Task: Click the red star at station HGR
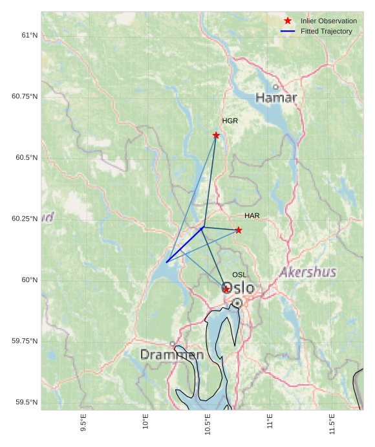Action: click(216, 135)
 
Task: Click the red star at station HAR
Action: click(239, 230)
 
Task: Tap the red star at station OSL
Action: click(226, 289)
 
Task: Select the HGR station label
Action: click(230, 121)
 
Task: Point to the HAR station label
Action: click(252, 215)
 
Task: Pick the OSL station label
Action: click(239, 275)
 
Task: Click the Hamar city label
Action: click(276, 98)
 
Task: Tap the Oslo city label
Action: click(239, 288)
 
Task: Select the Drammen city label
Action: click(172, 354)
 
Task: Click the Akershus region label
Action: click(308, 272)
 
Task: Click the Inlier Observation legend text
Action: click(328, 21)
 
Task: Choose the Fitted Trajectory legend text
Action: click(327, 32)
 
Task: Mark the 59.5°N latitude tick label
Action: click(26, 402)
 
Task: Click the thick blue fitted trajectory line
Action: click(185, 245)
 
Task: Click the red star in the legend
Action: click(288, 21)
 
